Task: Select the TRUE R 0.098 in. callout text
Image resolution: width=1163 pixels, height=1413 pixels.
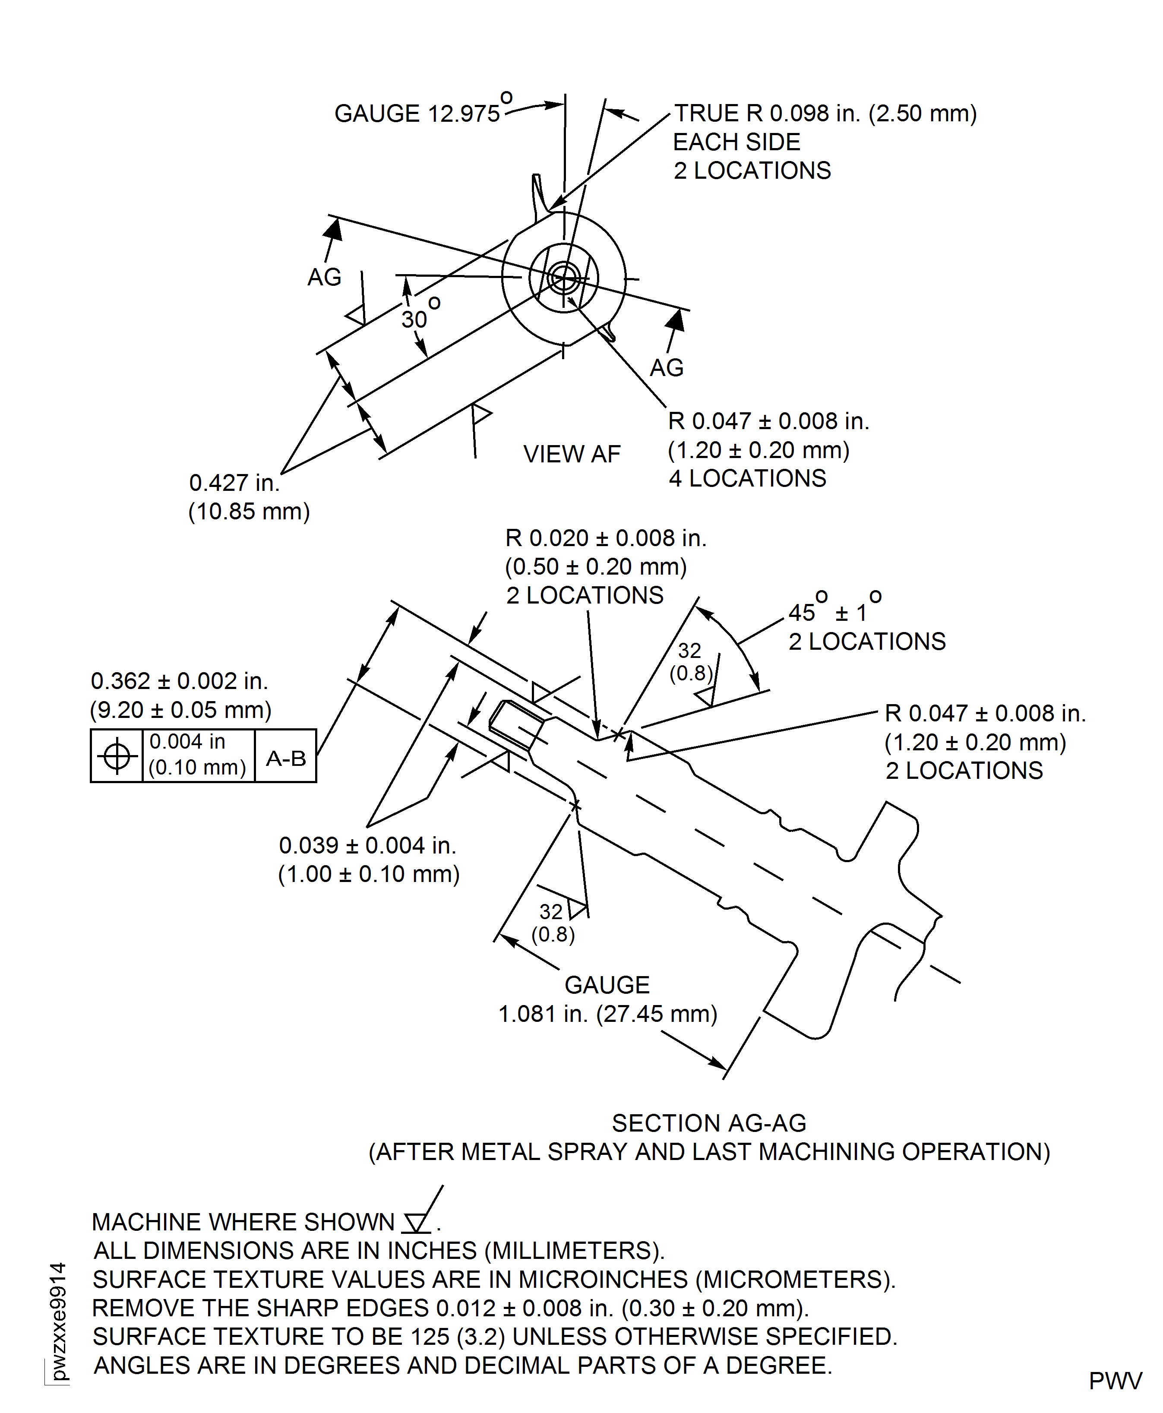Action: click(825, 113)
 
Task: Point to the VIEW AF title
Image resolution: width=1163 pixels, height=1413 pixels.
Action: click(572, 454)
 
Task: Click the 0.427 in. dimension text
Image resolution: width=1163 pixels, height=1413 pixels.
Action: click(234, 482)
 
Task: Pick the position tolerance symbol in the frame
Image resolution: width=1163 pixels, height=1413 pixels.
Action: click(117, 756)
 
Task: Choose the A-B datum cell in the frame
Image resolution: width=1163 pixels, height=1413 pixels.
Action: click(286, 758)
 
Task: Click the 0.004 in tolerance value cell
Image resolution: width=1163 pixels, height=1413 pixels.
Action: click(198, 755)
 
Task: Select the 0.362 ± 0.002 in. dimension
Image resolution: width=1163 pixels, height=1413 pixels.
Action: click(180, 681)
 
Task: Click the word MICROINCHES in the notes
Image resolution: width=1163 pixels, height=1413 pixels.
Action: click(604, 1279)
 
